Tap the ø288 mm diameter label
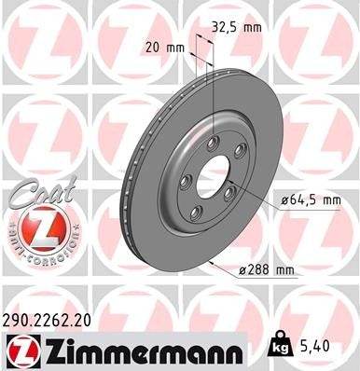(267, 270)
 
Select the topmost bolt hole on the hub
(214, 141)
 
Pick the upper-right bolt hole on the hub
(240, 151)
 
